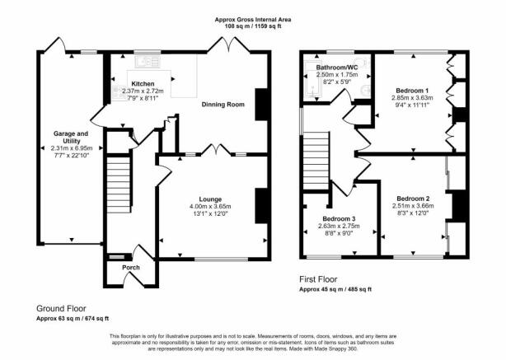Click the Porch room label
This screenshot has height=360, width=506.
(x=131, y=268)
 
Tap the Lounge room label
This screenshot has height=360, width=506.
(x=210, y=199)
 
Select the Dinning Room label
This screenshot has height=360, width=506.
(x=223, y=105)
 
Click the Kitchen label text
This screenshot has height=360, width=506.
(x=143, y=84)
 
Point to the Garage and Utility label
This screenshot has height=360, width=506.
(x=71, y=138)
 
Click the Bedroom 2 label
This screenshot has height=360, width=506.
(x=413, y=199)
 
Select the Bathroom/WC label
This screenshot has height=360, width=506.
(x=337, y=68)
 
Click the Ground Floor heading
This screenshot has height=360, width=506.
(x=61, y=308)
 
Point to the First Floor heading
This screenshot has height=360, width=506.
(x=318, y=279)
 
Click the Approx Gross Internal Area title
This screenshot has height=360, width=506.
(x=253, y=20)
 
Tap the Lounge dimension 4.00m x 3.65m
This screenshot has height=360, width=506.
(x=210, y=207)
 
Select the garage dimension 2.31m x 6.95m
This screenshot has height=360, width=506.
(x=72, y=148)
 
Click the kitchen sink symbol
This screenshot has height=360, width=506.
(x=148, y=61)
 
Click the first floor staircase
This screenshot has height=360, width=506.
(x=316, y=162)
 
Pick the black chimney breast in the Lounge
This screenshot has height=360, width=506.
(x=262, y=206)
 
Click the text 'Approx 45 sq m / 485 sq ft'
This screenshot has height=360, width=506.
(x=335, y=289)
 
